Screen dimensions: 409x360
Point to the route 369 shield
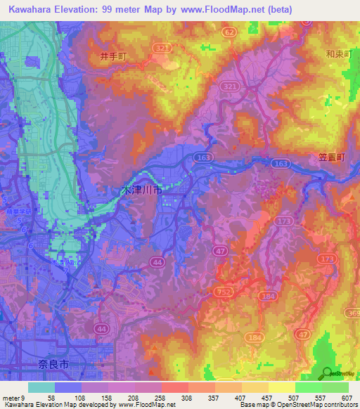click(351, 312)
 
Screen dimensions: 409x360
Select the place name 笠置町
click(328, 158)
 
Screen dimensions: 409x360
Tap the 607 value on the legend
click(347, 397)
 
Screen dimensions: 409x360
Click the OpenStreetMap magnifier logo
click(328, 374)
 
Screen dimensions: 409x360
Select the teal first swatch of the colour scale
click(41, 387)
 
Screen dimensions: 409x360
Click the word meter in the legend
click(11, 397)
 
